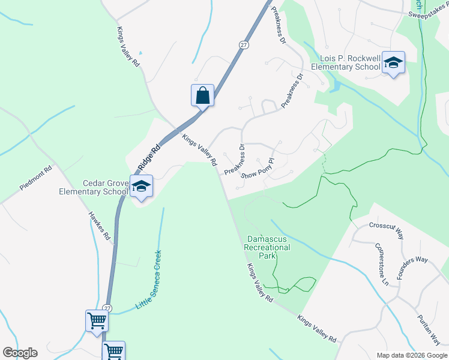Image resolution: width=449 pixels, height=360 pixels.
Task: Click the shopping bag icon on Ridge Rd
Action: (203, 95)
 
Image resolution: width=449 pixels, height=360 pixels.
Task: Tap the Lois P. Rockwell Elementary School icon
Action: (394, 62)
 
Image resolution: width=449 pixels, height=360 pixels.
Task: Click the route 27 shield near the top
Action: (243, 45)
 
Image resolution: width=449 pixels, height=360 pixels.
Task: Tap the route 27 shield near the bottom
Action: (107, 308)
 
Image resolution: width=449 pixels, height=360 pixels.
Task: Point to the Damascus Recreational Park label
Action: (268, 247)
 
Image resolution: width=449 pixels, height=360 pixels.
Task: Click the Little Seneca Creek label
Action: (149, 280)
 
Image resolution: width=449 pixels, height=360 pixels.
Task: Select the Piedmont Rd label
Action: (36, 177)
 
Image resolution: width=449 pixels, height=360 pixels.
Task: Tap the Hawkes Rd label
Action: (100, 226)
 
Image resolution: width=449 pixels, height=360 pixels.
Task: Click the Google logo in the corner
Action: (20, 353)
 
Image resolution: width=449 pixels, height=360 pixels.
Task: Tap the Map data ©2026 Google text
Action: (411, 355)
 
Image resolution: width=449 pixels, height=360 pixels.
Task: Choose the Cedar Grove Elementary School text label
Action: (94, 187)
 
